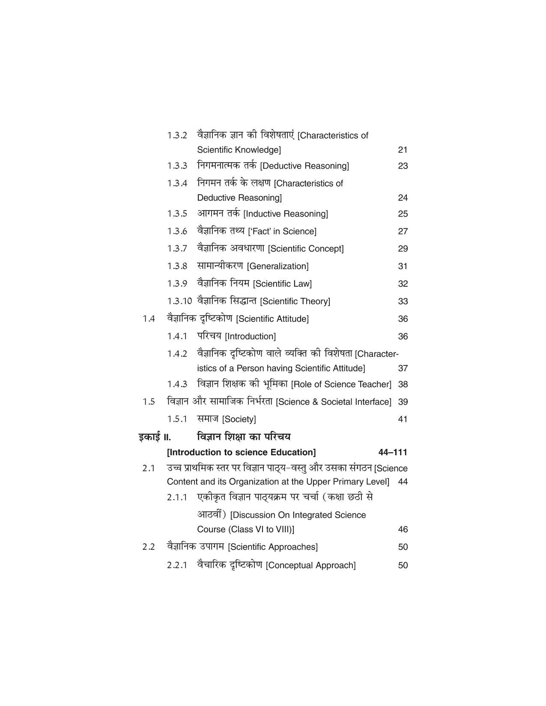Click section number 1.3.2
click(x=177, y=136)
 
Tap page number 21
click(x=403, y=150)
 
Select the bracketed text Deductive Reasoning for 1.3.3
click(x=304, y=166)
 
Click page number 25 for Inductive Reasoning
click(x=403, y=214)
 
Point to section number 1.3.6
click(x=177, y=231)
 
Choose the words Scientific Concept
click(x=306, y=249)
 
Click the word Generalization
click(x=278, y=267)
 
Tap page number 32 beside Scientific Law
click(x=403, y=284)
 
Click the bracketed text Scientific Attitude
click(x=272, y=319)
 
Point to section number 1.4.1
click(x=177, y=337)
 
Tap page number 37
click(x=403, y=368)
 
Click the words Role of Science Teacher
click(x=341, y=385)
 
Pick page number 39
click(x=403, y=402)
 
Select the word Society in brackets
click(x=239, y=420)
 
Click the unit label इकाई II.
click(x=155, y=437)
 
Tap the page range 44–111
click(x=393, y=453)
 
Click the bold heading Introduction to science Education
click(x=242, y=453)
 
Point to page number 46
click(x=403, y=530)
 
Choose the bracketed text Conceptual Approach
click(x=311, y=566)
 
